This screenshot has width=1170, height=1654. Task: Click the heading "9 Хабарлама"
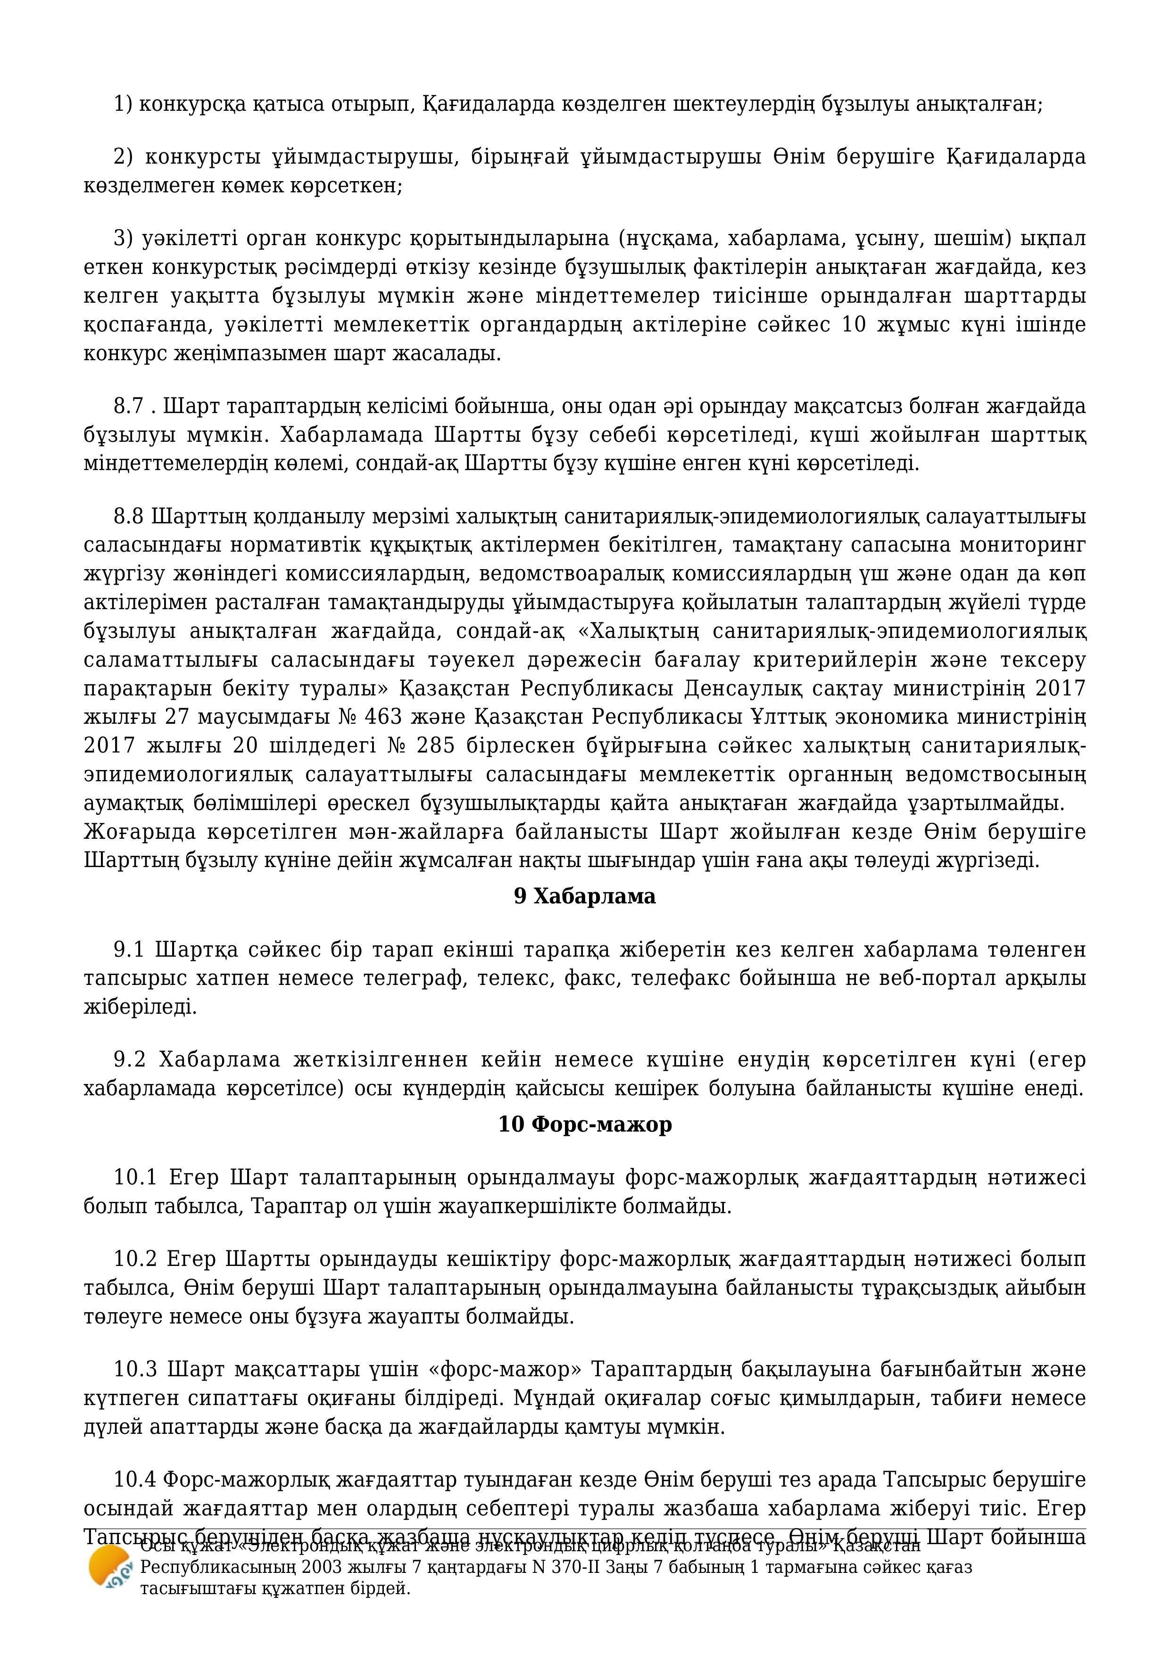[x=584, y=896]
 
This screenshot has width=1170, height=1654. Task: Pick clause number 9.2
[x=130, y=1060]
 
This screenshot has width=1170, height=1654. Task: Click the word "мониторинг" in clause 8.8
[x=1022, y=546]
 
